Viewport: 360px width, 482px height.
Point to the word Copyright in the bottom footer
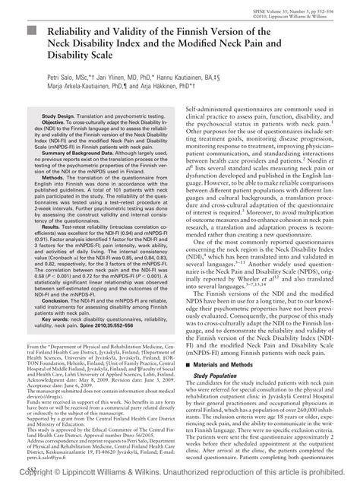pyautogui.click(x=40, y=473)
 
